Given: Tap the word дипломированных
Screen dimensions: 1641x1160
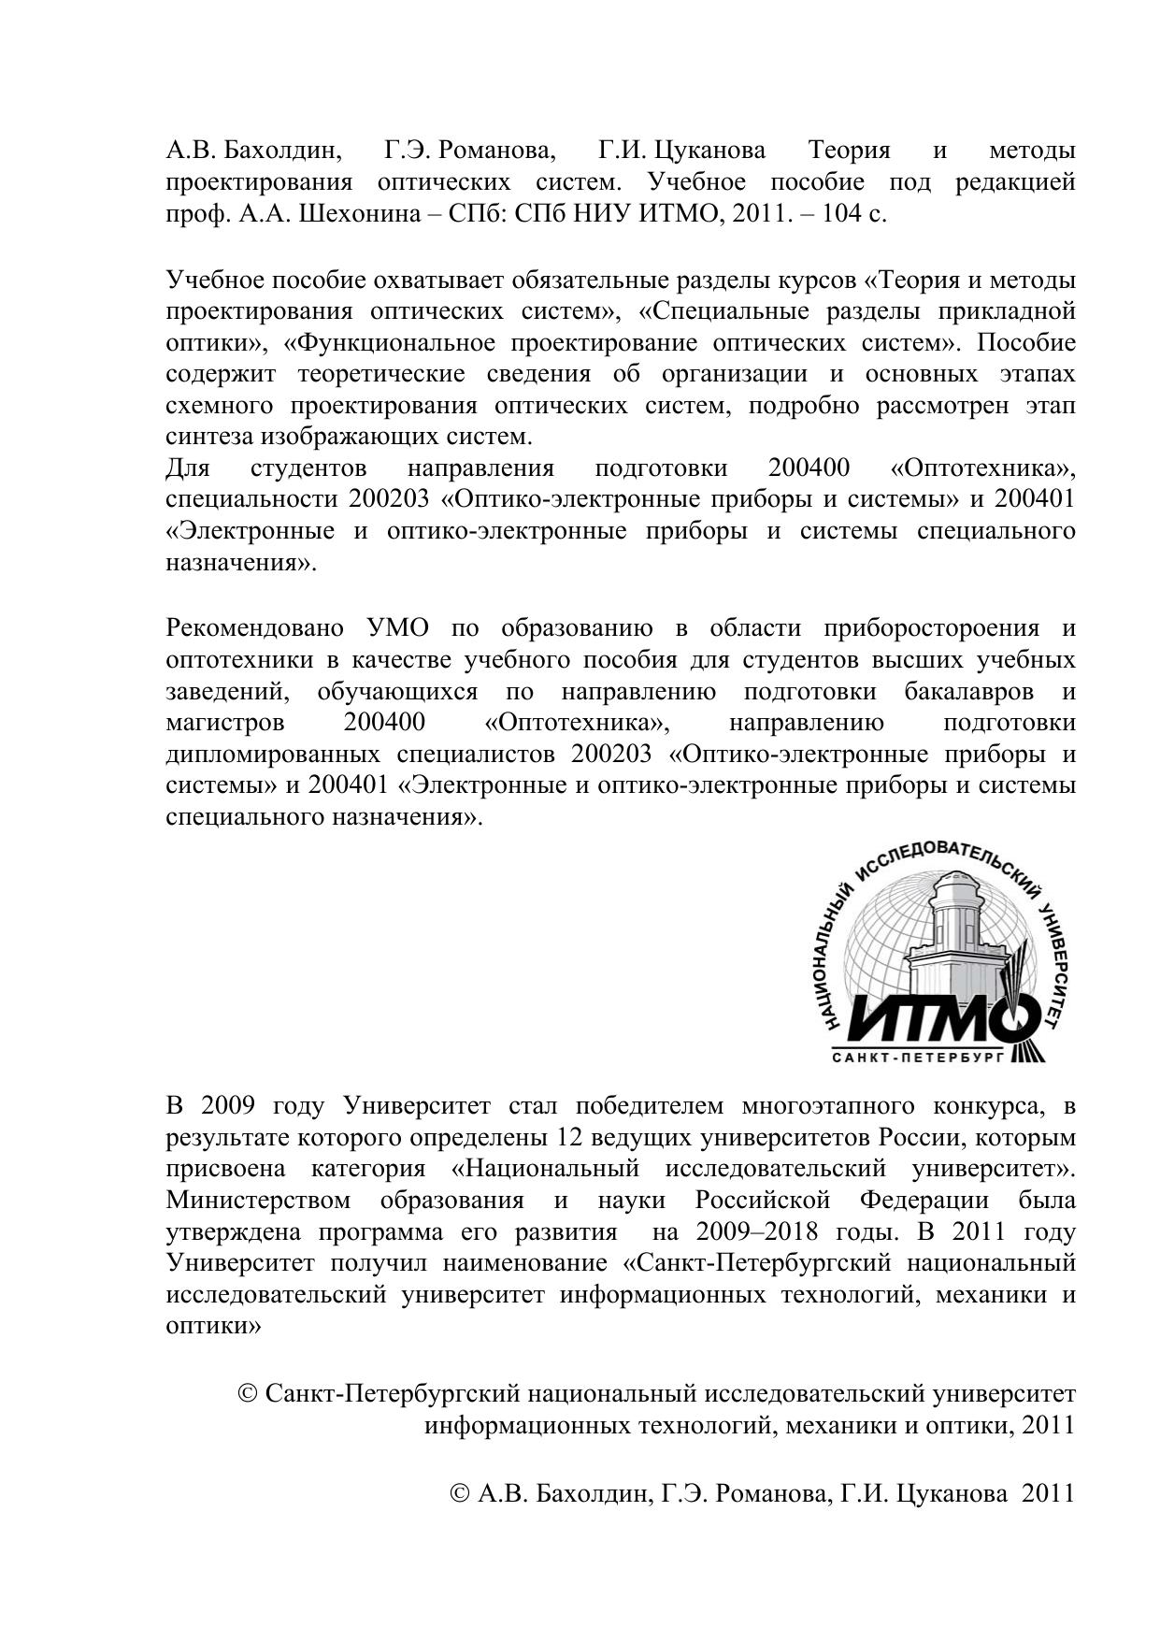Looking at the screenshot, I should (x=273, y=755).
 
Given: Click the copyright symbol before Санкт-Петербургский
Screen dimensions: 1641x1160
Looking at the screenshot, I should (x=249, y=1394).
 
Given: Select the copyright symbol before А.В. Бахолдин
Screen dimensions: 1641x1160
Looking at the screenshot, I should (x=460, y=1493).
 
